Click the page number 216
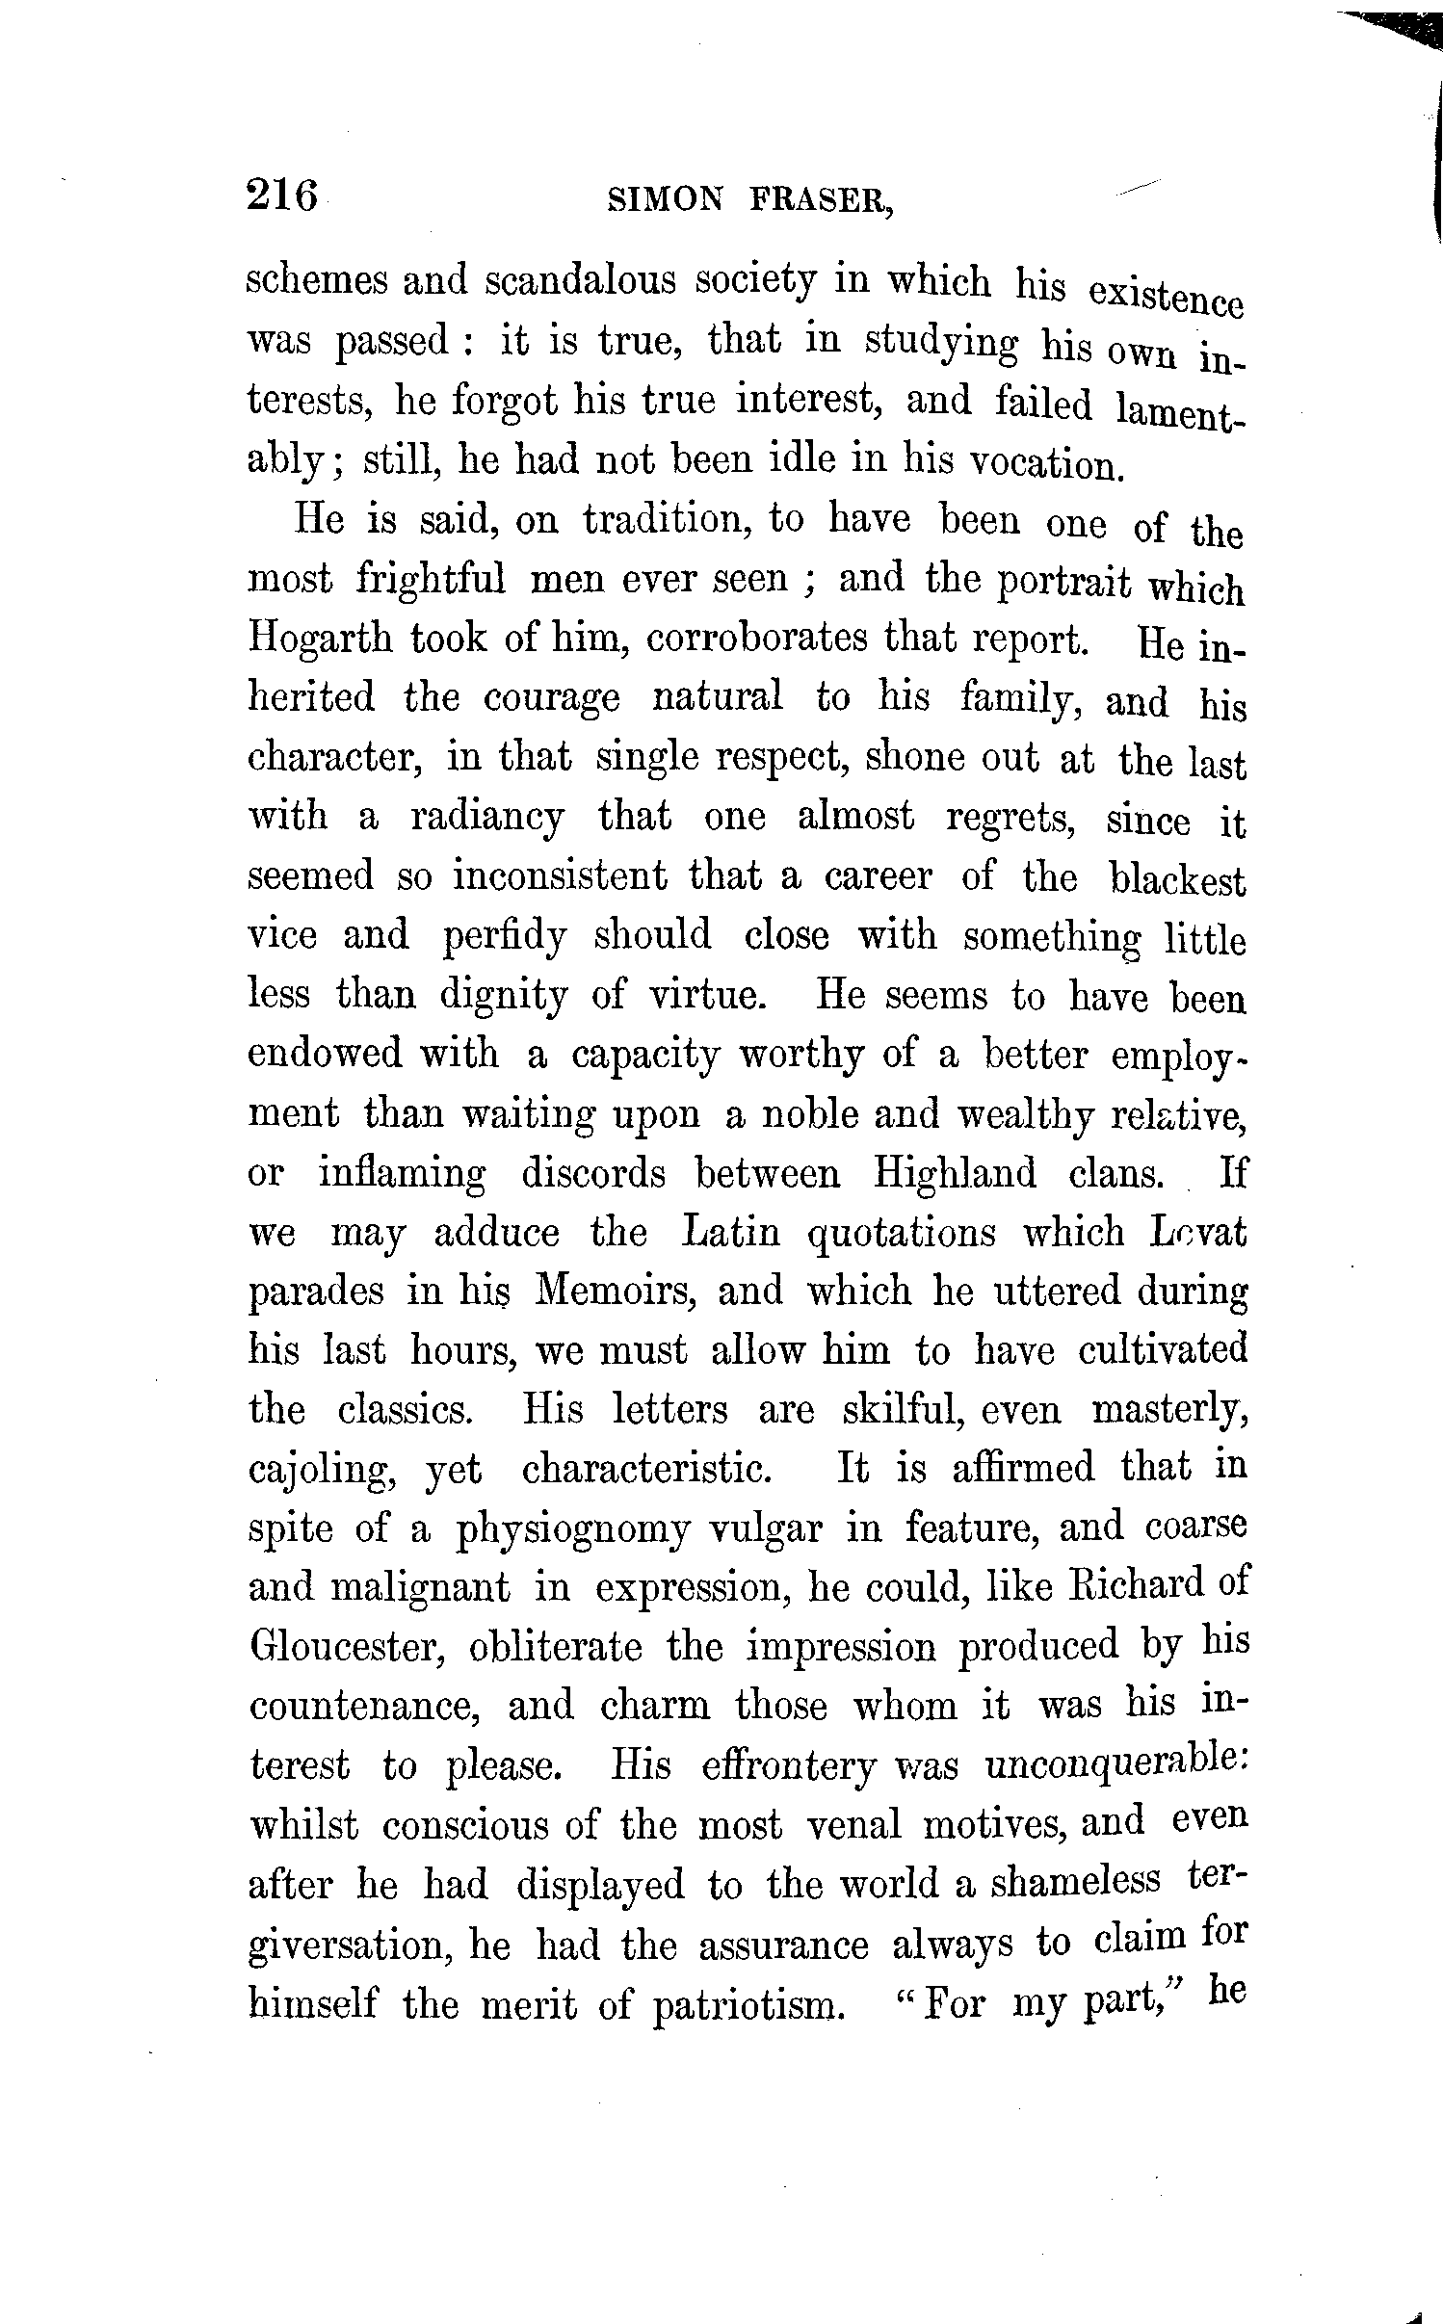282,196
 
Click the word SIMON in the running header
664,199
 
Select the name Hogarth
320,639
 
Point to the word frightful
431,580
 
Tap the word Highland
955,1174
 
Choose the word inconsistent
560,877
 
